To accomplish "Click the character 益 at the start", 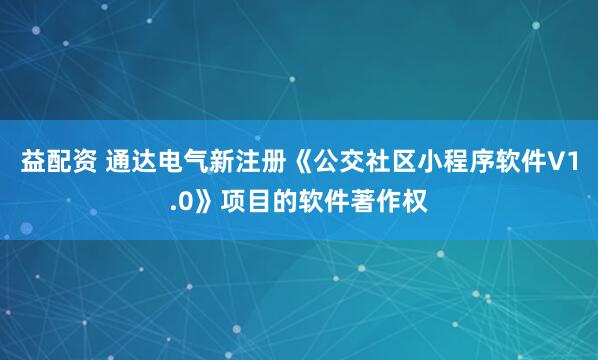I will click(x=32, y=164).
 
